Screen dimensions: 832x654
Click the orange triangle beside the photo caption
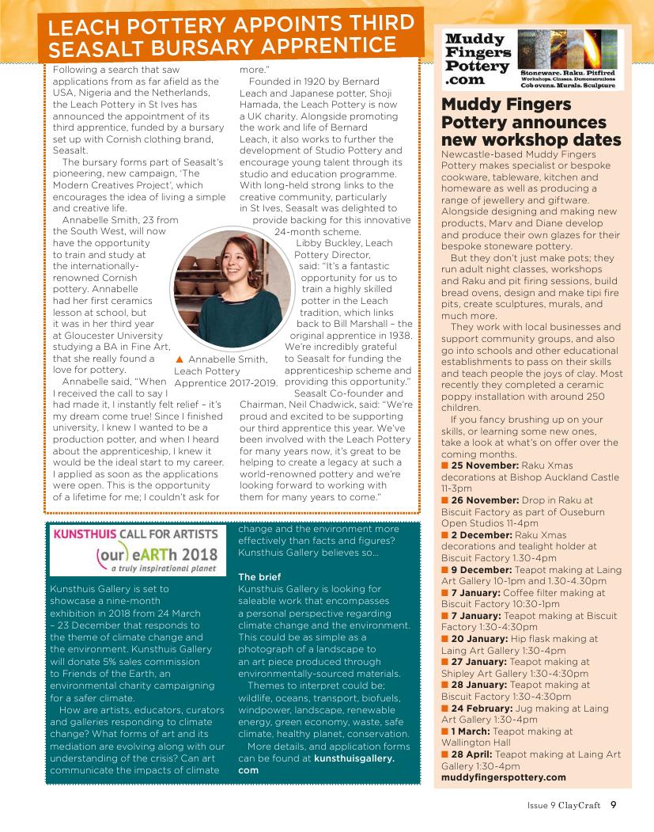(x=180, y=359)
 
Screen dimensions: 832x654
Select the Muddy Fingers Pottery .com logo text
(x=478, y=59)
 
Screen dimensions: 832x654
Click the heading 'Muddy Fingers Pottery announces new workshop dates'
(x=531, y=123)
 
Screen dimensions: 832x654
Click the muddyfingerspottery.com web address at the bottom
(x=503, y=777)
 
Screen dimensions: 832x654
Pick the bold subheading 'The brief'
(x=259, y=577)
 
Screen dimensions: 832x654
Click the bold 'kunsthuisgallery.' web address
(x=354, y=758)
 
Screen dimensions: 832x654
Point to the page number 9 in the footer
(x=614, y=807)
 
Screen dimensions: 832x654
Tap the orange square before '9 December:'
(x=445, y=569)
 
